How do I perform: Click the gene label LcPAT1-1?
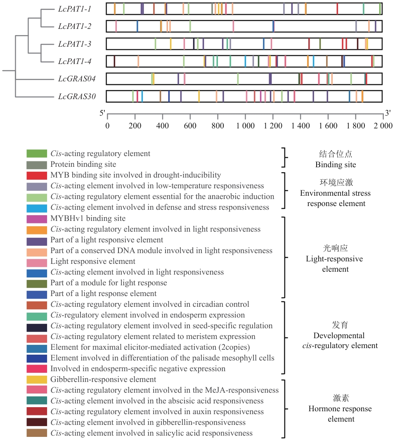click(75, 9)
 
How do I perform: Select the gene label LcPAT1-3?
click(75, 44)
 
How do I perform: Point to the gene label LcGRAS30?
click(77, 97)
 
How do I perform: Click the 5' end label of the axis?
click(102, 113)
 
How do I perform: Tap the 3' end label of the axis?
click(388, 113)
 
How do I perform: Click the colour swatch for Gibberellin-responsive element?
click(37, 379)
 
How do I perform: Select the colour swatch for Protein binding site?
click(37, 164)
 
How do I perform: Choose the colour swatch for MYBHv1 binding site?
click(37, 218)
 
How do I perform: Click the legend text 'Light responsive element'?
click(93, 261)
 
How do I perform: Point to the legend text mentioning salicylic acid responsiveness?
click(151, 433)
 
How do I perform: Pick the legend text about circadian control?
click(150, 304)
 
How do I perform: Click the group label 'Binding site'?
click(335, 165)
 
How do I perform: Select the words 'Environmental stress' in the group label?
click(335, 193)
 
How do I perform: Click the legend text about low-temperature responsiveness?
click(157, 186)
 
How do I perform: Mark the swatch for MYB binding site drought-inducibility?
click(37, 175)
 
